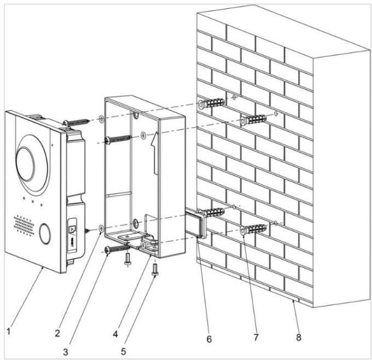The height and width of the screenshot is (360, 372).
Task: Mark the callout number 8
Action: coord(299,338)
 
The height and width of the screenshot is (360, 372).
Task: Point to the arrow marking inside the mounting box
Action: coord(155,148)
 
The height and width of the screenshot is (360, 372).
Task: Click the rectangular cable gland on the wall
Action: coord(196,224)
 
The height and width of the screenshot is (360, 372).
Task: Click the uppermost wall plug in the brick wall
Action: coord(212,103)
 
